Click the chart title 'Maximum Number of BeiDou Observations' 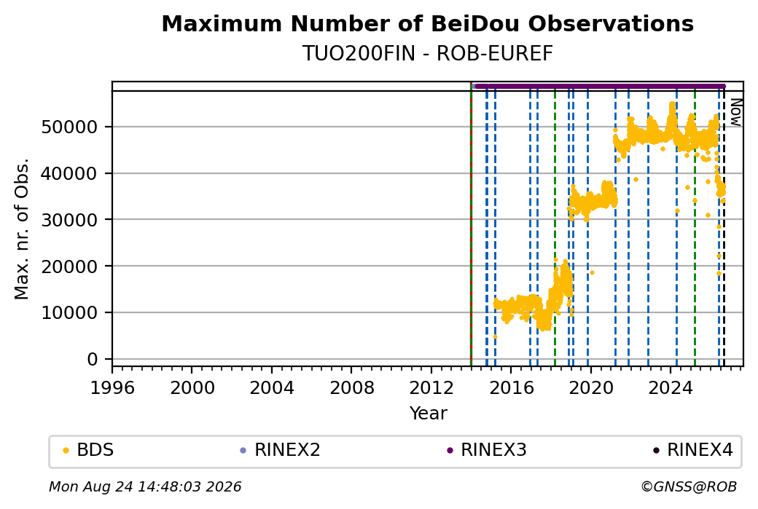[x=427, y=23]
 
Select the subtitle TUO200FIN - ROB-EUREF [x=427, y=54]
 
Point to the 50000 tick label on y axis [x=70, y=127]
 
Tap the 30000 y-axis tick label [x=70, y=220]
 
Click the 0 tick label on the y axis [x=93, y=359]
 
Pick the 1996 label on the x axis [x=112, y=388]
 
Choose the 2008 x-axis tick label [x=351, y=388]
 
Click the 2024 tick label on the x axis [x=670, y=388]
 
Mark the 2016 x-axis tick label [x=511, y=388]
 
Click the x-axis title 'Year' [x=429, y=414]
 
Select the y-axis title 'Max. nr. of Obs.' [x=22, y=229]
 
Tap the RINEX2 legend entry [x=281, y=450]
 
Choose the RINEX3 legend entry [x=486, y=450]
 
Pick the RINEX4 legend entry [x=692, y=450]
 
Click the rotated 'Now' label [x=735, y=112]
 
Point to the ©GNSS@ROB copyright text [x=689, y=486]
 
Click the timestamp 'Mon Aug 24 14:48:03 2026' [x=145, y=486]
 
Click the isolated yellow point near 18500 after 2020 [x=592, y=273]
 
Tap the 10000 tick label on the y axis [x=70, y=313]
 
